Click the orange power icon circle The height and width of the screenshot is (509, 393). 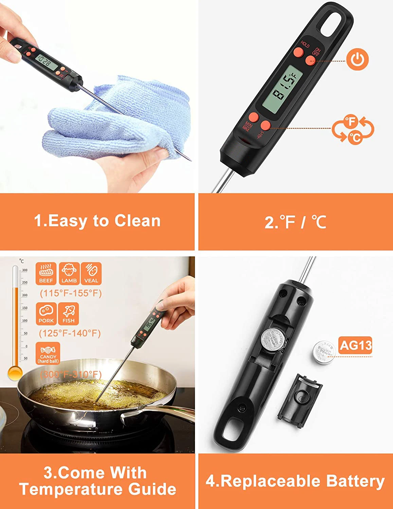tap(357, 59)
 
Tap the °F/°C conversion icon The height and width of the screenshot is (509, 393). tap(353, 129)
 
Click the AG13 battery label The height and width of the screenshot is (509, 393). tap(356, 345)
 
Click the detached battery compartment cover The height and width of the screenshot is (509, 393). tap(300, 396)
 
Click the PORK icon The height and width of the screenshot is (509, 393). tap(46, 314)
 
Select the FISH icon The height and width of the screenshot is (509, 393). tap(68, 314)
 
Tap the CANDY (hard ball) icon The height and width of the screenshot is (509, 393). tap(48, 353)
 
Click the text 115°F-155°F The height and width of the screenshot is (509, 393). tap(71, 293)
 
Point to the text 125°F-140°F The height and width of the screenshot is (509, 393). tap(70, 333)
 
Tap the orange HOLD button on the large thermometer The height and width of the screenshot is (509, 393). tap(299, 52)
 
